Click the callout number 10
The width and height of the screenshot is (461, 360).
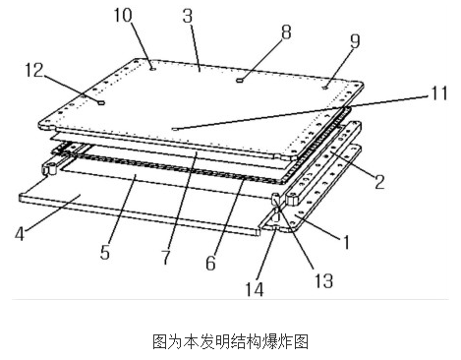pos(123,16)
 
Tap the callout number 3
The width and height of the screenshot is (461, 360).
pos(188,16)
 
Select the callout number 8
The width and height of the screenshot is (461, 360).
pos(286,32)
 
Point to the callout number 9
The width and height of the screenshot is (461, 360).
pos(355,41)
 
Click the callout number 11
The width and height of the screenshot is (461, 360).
pos(438,93)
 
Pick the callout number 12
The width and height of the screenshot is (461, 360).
pos(34,70)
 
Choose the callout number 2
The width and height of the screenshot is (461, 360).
pos(379,182)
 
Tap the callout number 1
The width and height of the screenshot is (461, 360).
pos(346,242)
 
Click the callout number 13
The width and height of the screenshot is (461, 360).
pos(323,280)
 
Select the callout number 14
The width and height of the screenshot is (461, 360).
pos(255,289)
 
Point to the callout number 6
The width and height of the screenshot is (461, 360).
pos(210,263)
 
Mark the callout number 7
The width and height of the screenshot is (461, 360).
pos(166,257)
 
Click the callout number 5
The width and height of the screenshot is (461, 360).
pos(105,253)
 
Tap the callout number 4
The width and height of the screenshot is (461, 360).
pos(20,234)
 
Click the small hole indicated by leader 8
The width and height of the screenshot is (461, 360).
pos(240,80)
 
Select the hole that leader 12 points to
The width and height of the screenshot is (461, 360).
pos(101,103)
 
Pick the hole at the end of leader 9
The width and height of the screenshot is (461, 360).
pos(325,88)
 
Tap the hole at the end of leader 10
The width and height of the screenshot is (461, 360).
pos(152,69)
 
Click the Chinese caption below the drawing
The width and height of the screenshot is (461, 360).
pos(230,341)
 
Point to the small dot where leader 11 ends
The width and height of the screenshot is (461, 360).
pos(174,129)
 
